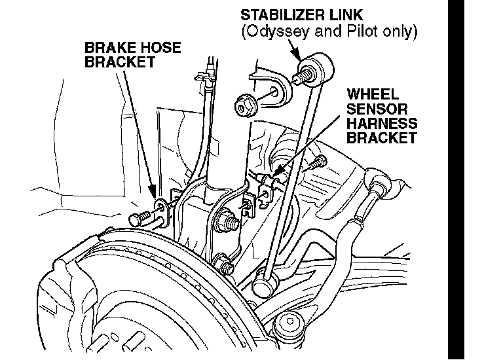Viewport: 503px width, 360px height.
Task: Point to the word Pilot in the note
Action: [x=356, y=31]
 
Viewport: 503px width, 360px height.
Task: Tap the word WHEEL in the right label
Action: [x=373, y=94]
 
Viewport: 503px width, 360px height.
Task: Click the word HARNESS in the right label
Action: [x=382, y=123]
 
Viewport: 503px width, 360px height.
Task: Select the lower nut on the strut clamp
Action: [x=226, y=267]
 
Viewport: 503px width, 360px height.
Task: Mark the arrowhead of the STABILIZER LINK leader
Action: [x=302, y=60]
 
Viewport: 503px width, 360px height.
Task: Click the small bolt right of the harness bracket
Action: [x=319, y=160]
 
